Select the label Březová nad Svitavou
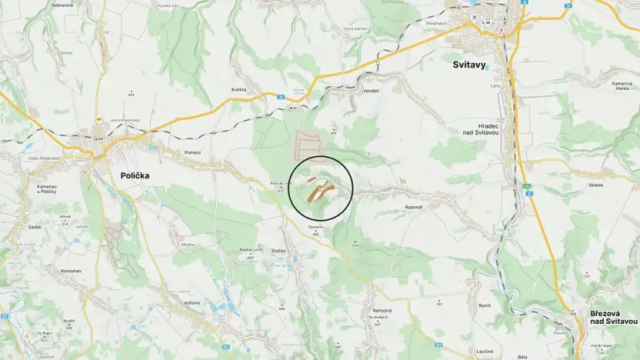(614, 317)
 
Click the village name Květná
(238, 89)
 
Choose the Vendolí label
(371, 90)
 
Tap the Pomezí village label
(192, 152)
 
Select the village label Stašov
(278, 251)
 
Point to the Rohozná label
(382, 310)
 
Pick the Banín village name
(485, 306)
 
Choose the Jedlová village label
(190, 303)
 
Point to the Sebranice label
(62, 4)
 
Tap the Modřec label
(188, 244)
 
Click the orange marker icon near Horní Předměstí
(98, 121)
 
